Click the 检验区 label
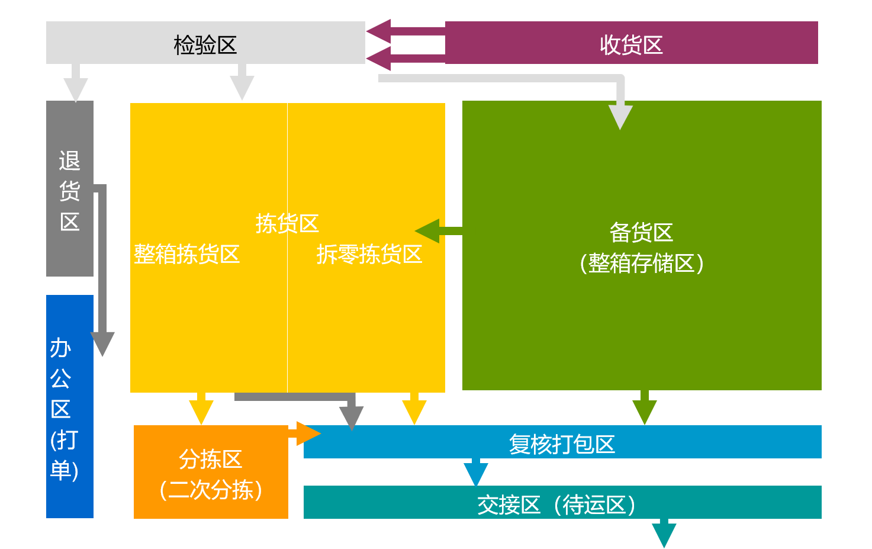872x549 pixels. tap(205, 45)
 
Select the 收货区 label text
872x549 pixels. tap(631, 45)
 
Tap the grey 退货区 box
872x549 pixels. tap(70, 188)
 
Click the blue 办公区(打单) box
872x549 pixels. tap(70, 406)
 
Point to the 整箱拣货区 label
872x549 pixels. tap(186, 254)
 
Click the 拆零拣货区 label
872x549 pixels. tap(369, 254)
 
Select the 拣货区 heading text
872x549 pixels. tap(287, 224)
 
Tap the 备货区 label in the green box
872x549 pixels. tap(641, 233)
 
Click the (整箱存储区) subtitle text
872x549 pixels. tap(641, 263)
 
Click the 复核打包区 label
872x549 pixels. tap(562, 444)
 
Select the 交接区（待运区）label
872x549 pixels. tap(556, 505)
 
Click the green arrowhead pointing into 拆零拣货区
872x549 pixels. tap(427, 231)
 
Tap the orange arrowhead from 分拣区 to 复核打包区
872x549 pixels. tap(308, 434)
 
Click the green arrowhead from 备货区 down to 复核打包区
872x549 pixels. tap(645, 412)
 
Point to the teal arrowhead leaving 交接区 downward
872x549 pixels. tap(664, 534)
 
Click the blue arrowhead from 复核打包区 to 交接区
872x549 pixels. tap(476, 473)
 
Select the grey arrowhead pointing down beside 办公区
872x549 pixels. tap(102, 343)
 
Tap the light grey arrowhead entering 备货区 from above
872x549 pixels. tap(620, 117)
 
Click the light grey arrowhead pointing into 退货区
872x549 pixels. tap(76, 89)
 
